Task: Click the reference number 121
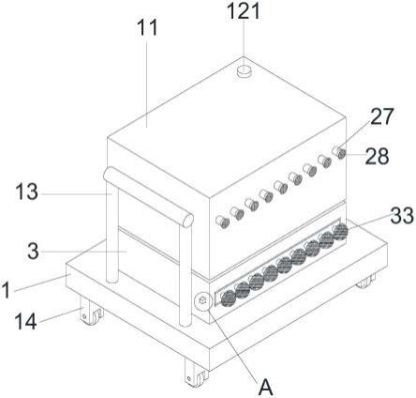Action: [244, 11]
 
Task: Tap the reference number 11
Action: [147, 27]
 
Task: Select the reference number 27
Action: [382, 116]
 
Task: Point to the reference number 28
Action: [378, 156]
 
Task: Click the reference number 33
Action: [402, 216]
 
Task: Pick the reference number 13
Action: [27, 191]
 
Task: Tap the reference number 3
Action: [33, 252]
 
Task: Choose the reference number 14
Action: [26, 321]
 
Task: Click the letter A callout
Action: [266, 387]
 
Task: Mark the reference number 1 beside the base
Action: [6, 290]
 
